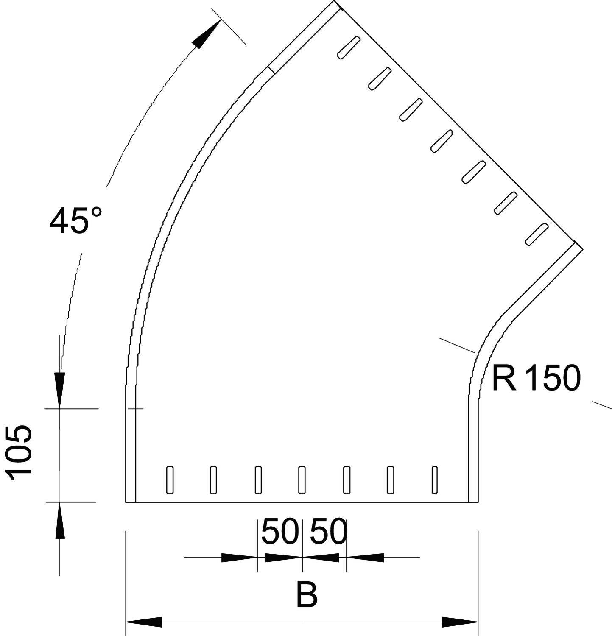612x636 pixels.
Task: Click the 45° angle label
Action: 75,221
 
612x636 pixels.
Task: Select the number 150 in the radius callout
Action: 552,378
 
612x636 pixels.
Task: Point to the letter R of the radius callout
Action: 504,378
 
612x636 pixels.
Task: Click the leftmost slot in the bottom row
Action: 170,480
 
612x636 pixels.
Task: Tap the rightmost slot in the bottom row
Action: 434,480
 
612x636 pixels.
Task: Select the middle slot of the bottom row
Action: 302,480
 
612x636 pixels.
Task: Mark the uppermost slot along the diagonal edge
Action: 349,47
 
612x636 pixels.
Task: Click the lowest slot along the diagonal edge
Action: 536,234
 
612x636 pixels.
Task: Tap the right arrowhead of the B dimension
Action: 461,622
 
